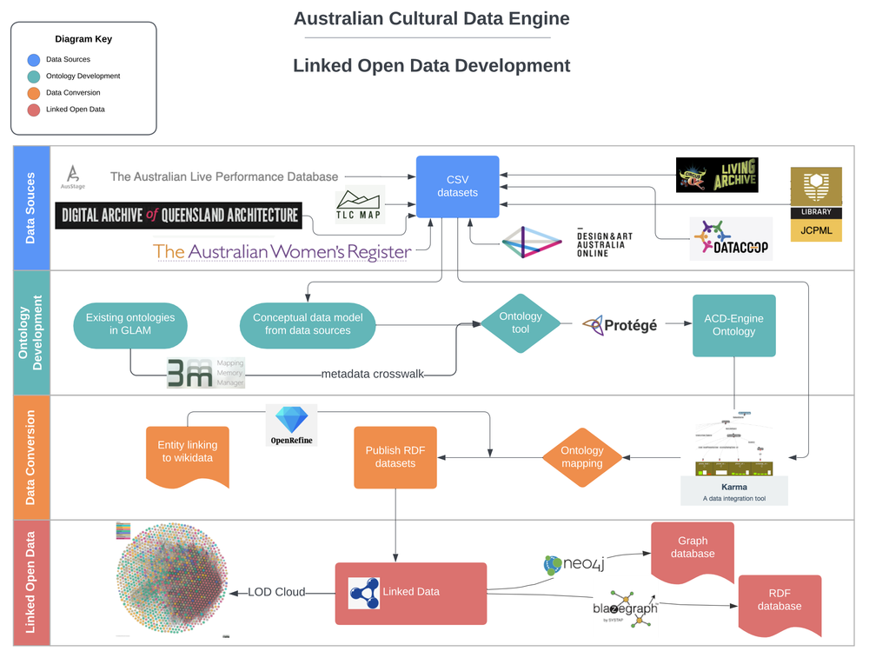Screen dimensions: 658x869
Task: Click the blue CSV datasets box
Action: tap(457, 186)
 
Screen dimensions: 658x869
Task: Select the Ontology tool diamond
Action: tap(521, 323)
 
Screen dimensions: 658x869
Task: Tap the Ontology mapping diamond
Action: tap(582, 457)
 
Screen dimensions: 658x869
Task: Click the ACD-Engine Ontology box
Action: tap(733, 325)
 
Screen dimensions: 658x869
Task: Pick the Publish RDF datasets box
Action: tap(395, 457)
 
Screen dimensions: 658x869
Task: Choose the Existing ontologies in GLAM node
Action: tap(130, 324)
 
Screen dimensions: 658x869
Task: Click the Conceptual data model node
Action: tap(308, 324)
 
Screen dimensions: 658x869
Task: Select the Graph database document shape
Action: tap(693, 550)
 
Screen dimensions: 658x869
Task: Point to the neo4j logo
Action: tap(574, 565)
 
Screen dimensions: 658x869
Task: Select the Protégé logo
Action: tap(620, 325)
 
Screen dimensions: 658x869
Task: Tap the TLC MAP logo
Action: tap(360, 205)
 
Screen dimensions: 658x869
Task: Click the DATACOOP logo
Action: tap(730, 238)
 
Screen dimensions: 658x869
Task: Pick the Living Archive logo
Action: tap(717, 175)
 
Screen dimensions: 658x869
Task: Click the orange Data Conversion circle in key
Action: tap(33, 93)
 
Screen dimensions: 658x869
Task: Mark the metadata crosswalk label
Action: tap(373, 374)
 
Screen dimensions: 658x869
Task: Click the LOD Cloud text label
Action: tap(276, 592)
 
